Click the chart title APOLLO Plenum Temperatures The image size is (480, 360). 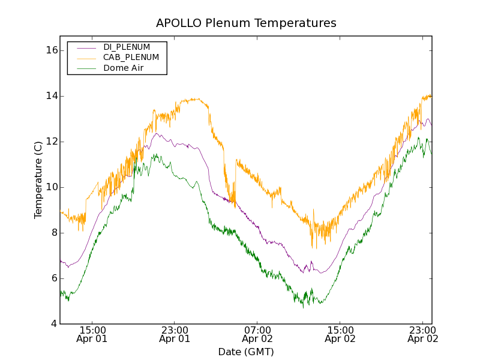pyautogui.click(x=246, y=23)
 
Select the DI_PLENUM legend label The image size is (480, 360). pyautogui.click(x=127, y=47)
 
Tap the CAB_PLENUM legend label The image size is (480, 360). pyautogui.click(x=131, y=58)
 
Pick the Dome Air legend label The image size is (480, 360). pyautogui.click(x=123, y=68)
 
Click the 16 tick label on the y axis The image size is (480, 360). pyautogui.click(x=51, y=50)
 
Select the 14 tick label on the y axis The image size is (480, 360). pyautogui.click(x=51, y=96)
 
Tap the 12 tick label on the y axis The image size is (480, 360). pyautogui.click(x=51, y=142)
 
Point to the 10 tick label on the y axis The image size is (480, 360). pyautogui.click(x=51, y=187)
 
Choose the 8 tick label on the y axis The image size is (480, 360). pyautogui.click(x=53, y=233)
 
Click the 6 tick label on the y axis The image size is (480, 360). pyautogui.click(x=53, y=278)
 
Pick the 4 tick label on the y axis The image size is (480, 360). pyautogui.click(x=53, y=324)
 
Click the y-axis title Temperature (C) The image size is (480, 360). pyautogui.click(x=38, y=180)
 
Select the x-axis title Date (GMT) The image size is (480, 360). pyautogui.click(x=246, y=352)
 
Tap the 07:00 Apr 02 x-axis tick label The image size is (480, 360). pyautogui.click(x=257, y=334)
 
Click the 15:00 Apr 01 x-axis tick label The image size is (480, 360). pyautogui.click(x=92, y=334)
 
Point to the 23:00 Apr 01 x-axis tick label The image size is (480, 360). pyautogui.click(x=175, y=334)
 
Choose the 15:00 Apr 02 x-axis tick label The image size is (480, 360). pyautogui.click(x=340, y=334)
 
